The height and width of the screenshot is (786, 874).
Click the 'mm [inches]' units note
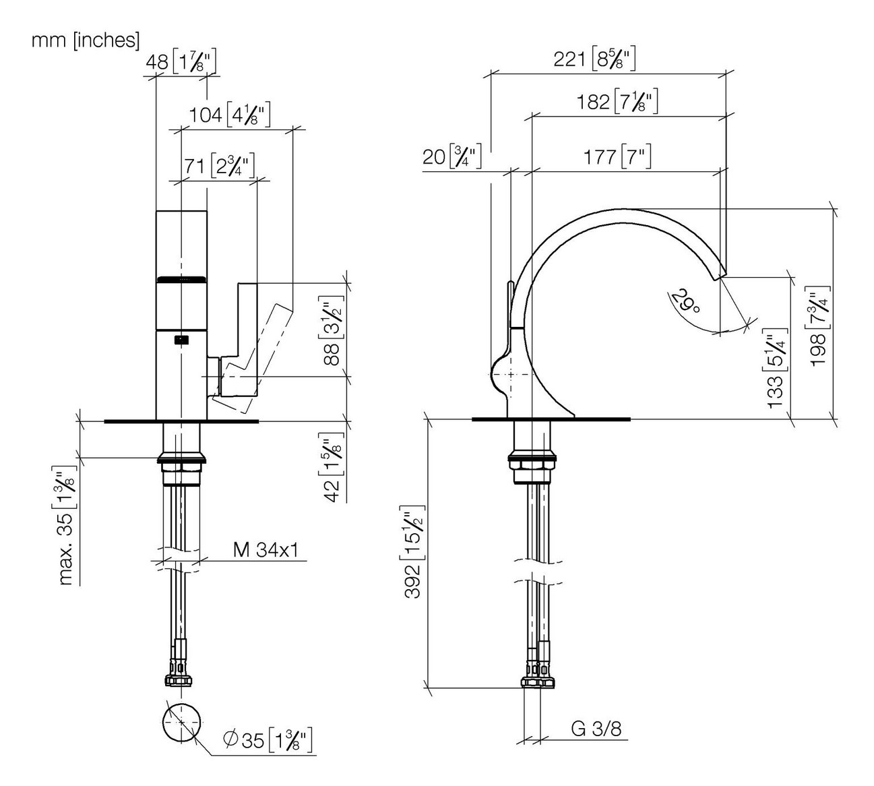click(86, 40)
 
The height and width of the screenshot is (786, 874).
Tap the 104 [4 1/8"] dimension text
click(229, 115)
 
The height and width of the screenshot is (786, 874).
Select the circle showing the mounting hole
click(182, 722)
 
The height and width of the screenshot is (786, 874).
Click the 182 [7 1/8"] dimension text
click(617, 103)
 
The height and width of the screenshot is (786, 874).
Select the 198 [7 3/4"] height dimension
click(819, 328)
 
